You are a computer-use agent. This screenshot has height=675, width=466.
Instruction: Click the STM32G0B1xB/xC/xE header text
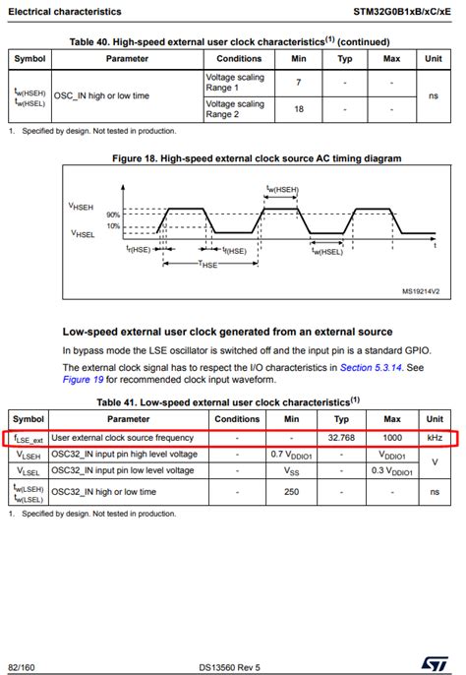coord(404,12)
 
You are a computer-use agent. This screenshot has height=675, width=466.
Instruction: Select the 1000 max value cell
coord(391,437)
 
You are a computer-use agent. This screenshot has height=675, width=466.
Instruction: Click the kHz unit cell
coord(435,437)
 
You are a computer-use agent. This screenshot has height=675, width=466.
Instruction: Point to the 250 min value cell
coord(292,491)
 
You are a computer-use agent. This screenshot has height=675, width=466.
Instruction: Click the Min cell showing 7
coord(298,83)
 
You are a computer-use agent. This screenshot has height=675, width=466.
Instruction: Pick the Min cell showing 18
coord(298,109)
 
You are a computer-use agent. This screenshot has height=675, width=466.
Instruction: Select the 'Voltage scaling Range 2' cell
coord(234,109)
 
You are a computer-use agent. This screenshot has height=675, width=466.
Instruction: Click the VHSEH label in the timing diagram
coord(82,206)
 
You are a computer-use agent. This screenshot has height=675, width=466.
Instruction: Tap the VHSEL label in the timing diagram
coord(83,233)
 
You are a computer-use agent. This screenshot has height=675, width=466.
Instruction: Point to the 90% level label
coord(113,215)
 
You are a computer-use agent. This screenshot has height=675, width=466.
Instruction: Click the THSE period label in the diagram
coord(208,264)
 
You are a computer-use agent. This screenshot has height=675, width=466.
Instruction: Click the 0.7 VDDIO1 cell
coord(292,455)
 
